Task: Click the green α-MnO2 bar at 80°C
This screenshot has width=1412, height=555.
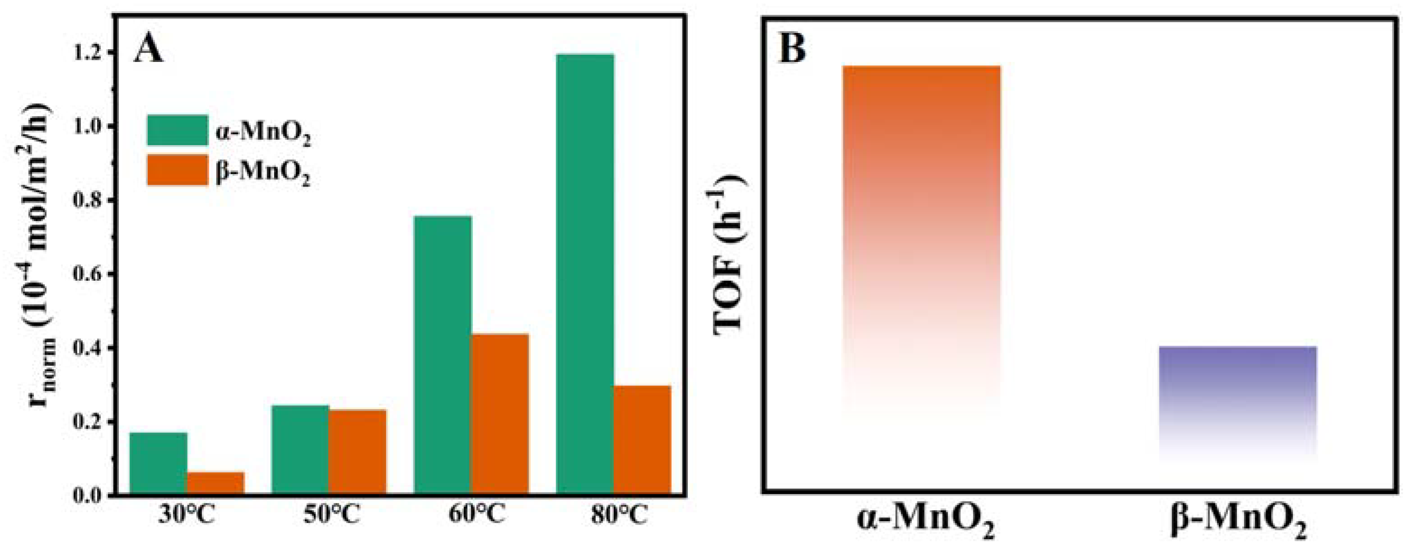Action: (x=585, y=274)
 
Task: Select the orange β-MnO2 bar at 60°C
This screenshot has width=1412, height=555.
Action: (x=500, y=414)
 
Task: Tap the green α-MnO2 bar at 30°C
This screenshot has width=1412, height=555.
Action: (x=159, y=463)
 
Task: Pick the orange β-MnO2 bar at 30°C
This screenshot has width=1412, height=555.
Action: (x=215, y=483)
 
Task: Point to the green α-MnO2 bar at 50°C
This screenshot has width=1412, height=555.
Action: (x=300, y=450)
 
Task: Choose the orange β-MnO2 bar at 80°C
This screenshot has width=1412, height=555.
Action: (x=642, y=440)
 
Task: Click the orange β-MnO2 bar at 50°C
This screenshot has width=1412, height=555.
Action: (x=357, y=452)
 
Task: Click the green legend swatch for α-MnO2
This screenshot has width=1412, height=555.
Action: (x=178, y=130)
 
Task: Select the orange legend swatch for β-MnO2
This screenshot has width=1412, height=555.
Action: (x=178, y=170)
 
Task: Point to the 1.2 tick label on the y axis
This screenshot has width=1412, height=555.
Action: (x=90, y=52)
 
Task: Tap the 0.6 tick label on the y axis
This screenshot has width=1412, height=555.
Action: (x=90, y=274)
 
